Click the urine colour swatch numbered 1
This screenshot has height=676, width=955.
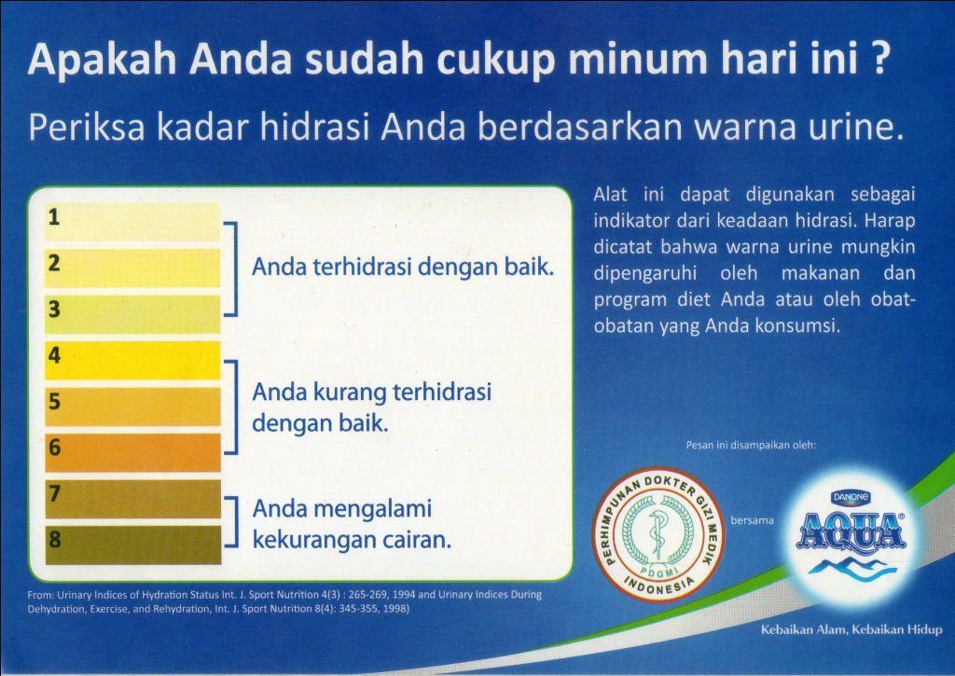pyautogui.click(x=132, y=222)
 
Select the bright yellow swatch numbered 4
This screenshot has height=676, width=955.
pyautogui.click(x=132, y=360)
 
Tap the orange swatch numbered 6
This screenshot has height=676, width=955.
pyautogui.click(x=132, y=452)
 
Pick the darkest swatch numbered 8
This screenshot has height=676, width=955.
pyautogui.click(x=132, y=545)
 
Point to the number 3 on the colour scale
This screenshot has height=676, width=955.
pyautogui.click(x=55, y=310)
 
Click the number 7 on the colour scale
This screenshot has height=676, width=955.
pyautogui.click(x=55, y=493)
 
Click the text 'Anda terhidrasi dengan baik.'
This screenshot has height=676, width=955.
pyautogui.click(x=403, y=268)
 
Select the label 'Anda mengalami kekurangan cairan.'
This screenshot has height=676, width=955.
pyautogui.click(x=352, y=524)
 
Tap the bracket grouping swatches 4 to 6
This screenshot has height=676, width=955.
pyautogui.click(x=233, y=407)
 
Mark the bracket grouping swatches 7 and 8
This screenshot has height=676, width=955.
pyautogui.click(x=233, y=521)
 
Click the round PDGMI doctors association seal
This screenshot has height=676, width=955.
pyautogui.click(x=658, y=534)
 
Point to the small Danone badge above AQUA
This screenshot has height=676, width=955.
pyautogui.click(x=851, y=498)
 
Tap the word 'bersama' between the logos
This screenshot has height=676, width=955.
pyautogui.click(x=753, y=520)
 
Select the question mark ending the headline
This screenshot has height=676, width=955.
pyautogui.click(x=878, y=59)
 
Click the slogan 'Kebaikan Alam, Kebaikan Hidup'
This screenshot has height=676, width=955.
pyautogui.click(x=851, y=629)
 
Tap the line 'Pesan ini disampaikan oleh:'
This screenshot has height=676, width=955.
pyautogui.click(x=751, y=445)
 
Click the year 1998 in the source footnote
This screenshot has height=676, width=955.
pyautogui.click(x=394, y=608)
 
